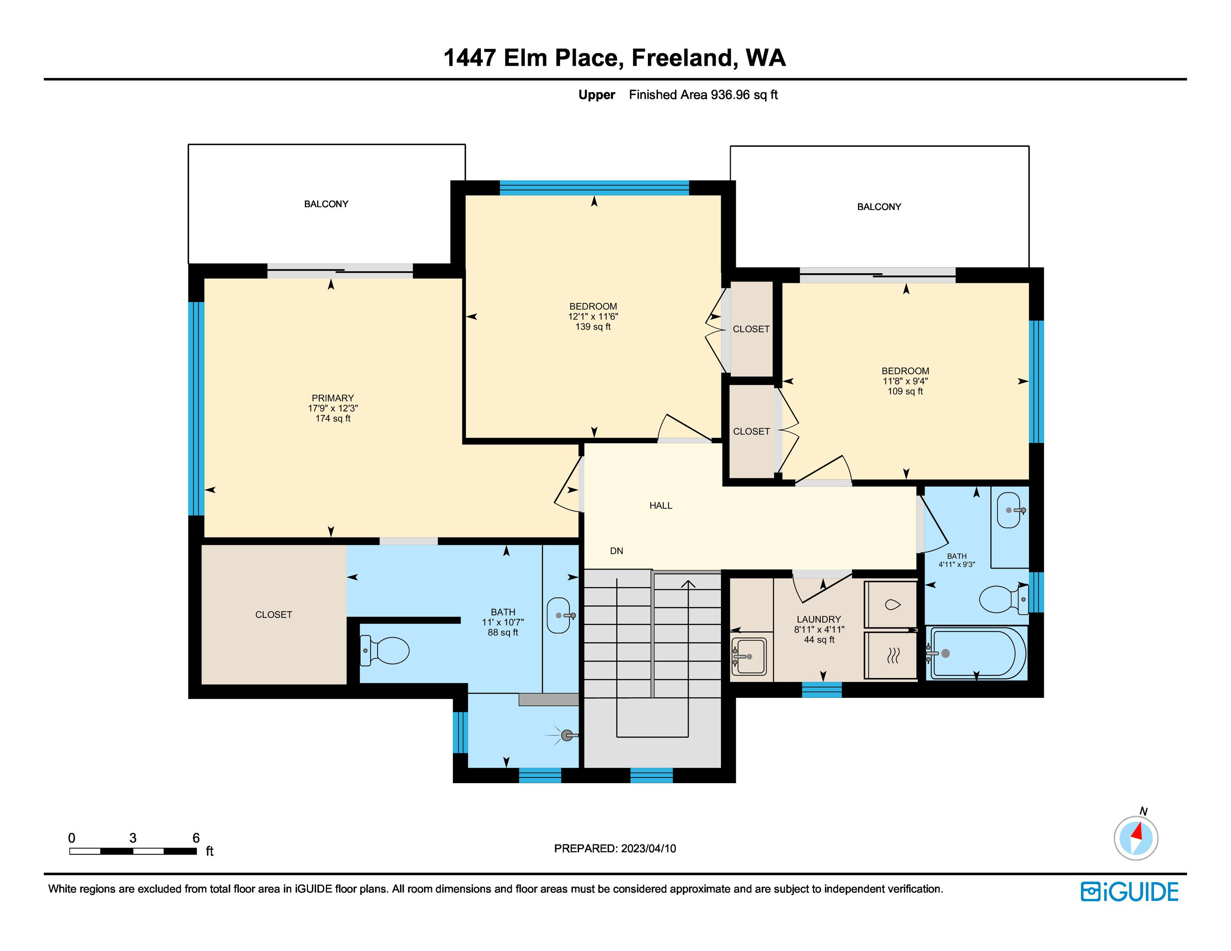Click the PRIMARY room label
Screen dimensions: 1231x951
tap(332, 398)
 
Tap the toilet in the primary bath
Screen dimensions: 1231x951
tap(384, 650)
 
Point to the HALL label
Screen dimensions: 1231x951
tap(661, 505)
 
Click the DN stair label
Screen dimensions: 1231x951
tap(617, 551)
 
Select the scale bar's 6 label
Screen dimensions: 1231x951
tap(196, 838)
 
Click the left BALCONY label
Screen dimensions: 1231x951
tap(326, 204)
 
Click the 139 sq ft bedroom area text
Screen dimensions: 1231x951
tap(593, 327)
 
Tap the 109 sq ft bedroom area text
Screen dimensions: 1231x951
tap(905, 391)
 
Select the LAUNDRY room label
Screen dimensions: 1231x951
tap(819, 619)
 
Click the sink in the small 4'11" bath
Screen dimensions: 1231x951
tap(1009, 510)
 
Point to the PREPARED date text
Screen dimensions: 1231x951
tap(615, 848)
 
